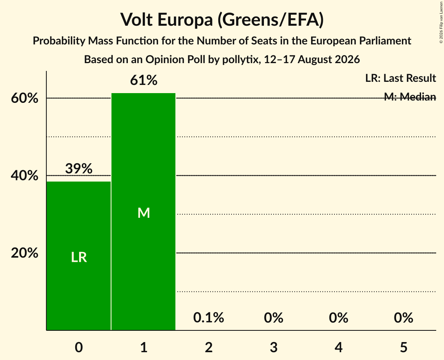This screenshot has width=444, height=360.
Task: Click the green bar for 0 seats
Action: coord(78,256)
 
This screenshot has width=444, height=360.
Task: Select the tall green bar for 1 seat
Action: coord(143,212)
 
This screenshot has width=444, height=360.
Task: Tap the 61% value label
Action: coord(143,80)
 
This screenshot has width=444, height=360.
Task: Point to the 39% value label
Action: coord(79,168)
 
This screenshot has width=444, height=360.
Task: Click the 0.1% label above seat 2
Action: coord(209,318)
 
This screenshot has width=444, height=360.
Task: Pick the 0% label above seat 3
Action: coord(274,318)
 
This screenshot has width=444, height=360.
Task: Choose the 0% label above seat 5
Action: coord(403,318)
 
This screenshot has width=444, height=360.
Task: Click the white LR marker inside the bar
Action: coord(79,257)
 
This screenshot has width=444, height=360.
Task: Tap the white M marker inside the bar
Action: coord(143,213)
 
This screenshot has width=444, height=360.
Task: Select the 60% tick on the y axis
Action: coord(25,98)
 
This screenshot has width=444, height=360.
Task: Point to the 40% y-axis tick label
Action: coord(25,175)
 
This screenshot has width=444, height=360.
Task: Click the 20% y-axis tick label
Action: coord(25,253)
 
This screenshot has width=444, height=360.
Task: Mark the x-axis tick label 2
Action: coord(209,347)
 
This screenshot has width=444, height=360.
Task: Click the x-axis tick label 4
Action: coord(339,347)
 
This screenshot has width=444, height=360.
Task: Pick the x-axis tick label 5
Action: coord(403,347)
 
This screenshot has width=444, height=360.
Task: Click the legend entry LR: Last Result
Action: coord(400,78)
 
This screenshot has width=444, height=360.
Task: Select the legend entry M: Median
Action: coord(410,97)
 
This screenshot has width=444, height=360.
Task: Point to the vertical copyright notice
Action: coord(441,22)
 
